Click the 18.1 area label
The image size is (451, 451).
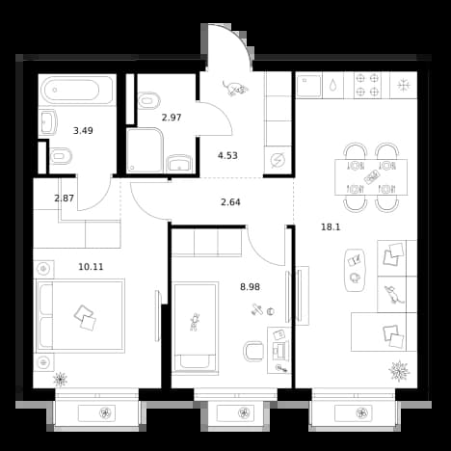tap(331, 227)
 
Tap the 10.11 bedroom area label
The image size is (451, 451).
tap(91, 267)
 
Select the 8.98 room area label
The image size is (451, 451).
tap(250, 287)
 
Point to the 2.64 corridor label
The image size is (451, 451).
tap(230, 202)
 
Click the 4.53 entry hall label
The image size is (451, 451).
tap(227, 156)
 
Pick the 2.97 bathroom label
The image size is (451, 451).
tap(172, 118)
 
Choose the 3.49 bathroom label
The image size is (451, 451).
tap(83, 131)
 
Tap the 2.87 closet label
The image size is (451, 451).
tap(65, 199)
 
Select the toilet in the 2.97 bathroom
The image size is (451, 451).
tap(149, 101)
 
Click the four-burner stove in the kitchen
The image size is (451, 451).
tap(367, 85)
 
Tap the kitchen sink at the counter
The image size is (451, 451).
tap(308, 86)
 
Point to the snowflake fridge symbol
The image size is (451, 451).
tap(404, 86)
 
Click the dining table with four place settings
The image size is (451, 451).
tap(371, 177)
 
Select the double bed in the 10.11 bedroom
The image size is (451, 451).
tap(80, 316)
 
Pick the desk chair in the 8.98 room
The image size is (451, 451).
tap(253, 351)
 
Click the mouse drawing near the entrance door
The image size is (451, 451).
tap(236, 88)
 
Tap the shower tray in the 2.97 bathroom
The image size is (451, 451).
tap(145, 150)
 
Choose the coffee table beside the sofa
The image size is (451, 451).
tap(355, 270)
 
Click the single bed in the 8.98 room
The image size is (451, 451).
tap(195, 328)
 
